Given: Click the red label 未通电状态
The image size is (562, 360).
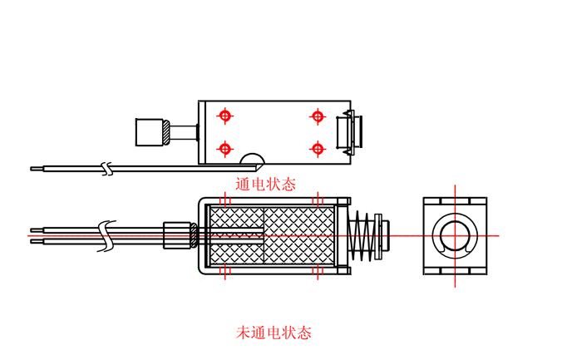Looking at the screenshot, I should (x=274, y=333).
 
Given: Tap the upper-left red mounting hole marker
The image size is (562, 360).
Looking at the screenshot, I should (x=224, y=116).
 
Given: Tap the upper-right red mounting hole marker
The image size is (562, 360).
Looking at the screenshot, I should (x=317, y=116).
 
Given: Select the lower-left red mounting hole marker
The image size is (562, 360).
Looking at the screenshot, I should (x=224, y=148).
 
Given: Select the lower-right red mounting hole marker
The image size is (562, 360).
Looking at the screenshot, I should (x=317, y=148).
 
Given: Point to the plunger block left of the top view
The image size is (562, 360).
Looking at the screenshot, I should (x=150, y=131).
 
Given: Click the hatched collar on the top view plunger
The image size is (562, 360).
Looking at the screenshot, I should (x=169, y=131).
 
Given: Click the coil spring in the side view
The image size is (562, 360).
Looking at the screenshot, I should (x=362, y=235).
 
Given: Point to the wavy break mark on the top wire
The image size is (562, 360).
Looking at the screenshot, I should (x=106, y=168).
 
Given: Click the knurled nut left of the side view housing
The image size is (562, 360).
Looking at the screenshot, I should (x=178, y=234).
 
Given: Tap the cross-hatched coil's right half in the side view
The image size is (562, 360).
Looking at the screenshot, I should (x=300, y=235).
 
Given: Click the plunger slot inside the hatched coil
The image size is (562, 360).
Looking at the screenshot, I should (x=236, y=235).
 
